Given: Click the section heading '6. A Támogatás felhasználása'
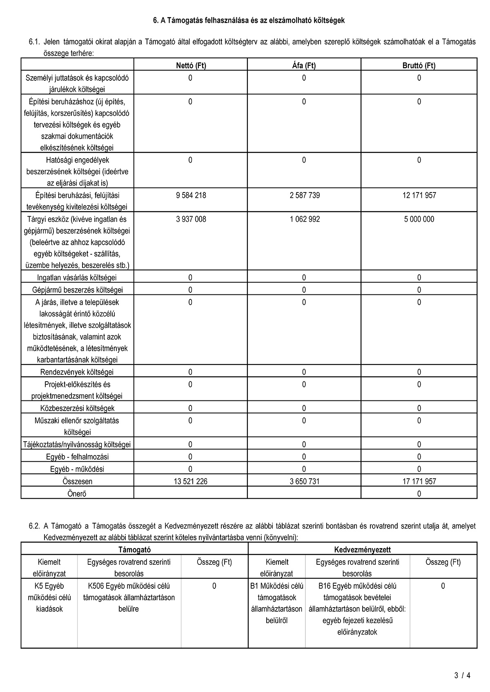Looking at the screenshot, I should (x=249, y=20).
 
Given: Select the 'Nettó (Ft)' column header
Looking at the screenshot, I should (x=191, y=65).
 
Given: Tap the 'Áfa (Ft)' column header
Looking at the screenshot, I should (x=304, y=65).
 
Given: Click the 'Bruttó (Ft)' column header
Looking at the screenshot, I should (x=419, y=65).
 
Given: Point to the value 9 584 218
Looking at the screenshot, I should (x=191, y=195).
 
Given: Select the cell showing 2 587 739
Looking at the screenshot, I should (x=305, y=195).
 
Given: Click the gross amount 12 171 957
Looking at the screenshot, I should (x=419, y=195).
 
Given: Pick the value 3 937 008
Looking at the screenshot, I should (x=191, y=219).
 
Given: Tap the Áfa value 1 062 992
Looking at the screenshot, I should (x=305, y=219).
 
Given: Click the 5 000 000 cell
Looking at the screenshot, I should (x=419, y=219).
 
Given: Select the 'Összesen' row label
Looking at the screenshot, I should (x=77, y=481).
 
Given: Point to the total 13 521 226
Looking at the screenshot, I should (x=190, y=481).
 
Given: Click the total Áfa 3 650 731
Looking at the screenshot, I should (x=305, y=481).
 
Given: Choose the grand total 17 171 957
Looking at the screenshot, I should (x=419, y=481).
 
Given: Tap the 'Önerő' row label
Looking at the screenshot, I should (x=77, y=493).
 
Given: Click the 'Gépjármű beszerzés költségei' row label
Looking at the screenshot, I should (x=77, y=290).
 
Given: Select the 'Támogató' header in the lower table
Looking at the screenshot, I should (x=134, y=550).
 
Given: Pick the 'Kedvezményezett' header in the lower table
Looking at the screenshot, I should (x=362, y=550).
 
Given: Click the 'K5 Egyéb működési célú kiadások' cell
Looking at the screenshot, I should (x=49, y=597).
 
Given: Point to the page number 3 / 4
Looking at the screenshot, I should (x=462, y=675).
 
